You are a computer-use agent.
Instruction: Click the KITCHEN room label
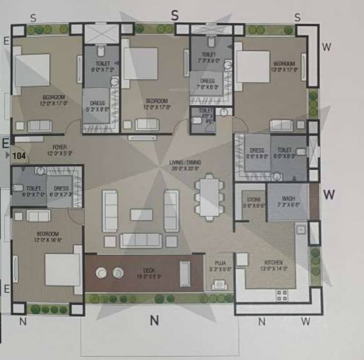[273, 262]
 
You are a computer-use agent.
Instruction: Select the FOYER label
[59, 147]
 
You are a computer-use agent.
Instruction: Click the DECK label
[149, 270]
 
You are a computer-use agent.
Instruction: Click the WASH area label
[288, 198]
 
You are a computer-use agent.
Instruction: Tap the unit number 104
[19, 156]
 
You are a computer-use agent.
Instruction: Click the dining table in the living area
[207, 196]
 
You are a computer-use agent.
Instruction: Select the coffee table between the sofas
[142, 215]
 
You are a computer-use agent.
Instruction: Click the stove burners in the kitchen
[282, 295]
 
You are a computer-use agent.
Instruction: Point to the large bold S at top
[175, 15]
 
